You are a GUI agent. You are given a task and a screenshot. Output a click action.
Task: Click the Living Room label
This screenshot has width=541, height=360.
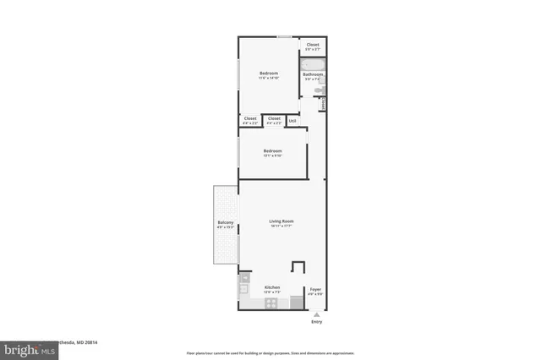pyautogui.click(x=281, y=221)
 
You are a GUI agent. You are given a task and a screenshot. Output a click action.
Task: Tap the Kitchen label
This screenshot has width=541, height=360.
pyautogui.click(x=271, y=286)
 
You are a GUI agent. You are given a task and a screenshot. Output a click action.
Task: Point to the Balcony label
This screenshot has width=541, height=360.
pyautogui.click(x=225, y=223)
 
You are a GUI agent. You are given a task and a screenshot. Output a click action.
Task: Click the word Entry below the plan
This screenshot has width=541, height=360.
pyautogui.click(x=316, y=322)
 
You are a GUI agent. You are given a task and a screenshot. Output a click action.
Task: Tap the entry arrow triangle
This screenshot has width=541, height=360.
pyautogui.click(x=316, y=314)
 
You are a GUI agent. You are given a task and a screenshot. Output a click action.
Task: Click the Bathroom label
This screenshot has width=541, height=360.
pyautogui.click(x=314, y=74)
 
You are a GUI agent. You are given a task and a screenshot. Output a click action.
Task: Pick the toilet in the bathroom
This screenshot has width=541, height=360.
pyautogui.click(x=319, y=90)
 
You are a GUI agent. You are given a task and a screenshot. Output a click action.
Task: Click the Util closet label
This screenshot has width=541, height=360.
pyautogui.click(x=292, y=121)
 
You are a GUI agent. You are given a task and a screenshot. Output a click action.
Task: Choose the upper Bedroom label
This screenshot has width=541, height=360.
pyautogui.click(x=269, y=73)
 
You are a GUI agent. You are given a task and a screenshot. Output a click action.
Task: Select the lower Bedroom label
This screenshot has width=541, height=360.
pyautogui.click(x=272, y=150)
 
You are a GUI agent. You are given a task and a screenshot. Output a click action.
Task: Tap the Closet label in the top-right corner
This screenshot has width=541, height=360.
pyautogui.click(x=313, y=44)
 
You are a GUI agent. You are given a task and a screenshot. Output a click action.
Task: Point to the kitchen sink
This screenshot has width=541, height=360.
pyautogui.click(x=243, y=290)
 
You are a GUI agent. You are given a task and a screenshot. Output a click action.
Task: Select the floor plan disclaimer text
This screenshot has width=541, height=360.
pyautogui.click(x=270, y=352)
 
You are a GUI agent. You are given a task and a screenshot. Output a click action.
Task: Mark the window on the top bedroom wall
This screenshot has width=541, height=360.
pyautogui.click(x=285, y=36)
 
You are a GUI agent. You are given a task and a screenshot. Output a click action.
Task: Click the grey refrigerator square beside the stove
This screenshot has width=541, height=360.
pyautogui.click(x=296, y=302)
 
